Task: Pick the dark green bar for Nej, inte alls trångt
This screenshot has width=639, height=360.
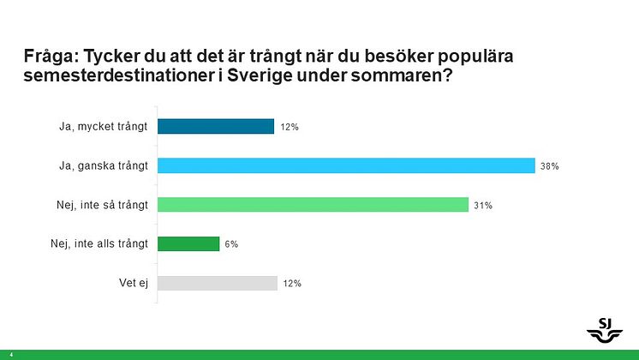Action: pyautogui.click(x=188, y=244)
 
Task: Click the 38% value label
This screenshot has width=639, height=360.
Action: pyautogui.click(x=549, y=166)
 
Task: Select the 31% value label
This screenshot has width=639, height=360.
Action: pyautogui.click(x=483, y=206)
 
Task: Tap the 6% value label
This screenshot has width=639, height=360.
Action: pyautogui.click(x=231, y=244)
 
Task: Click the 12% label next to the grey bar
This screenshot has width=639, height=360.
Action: pyautogui.click(x=292, y=284)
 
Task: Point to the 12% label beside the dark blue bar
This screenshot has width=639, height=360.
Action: pyautogui.click(x=289, y=128)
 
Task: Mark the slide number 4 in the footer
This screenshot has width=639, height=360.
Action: pyautogui.click(x=11, y=354)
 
